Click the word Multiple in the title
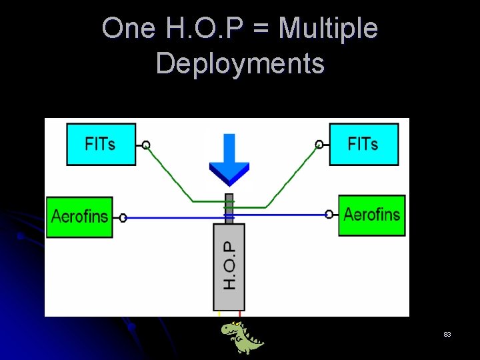tap(328, 29)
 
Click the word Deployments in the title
tap(240, 64)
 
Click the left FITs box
tap(101, 144)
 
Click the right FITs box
tap(363, 144)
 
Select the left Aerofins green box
tap(79, 217)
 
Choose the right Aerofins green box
tap(371, 215)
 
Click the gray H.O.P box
tap(229, 266)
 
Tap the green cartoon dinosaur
tap(241, 337)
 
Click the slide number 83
tap(447, 334)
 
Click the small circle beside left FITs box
tap(146, 145)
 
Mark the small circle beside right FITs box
tap(319, 144)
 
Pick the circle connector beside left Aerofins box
tap(123, 217)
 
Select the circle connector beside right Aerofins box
tap(329, 214)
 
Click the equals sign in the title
tap(264, 29)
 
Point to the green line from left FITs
tap(170, 173)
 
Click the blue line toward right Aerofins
tap(280, 215)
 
